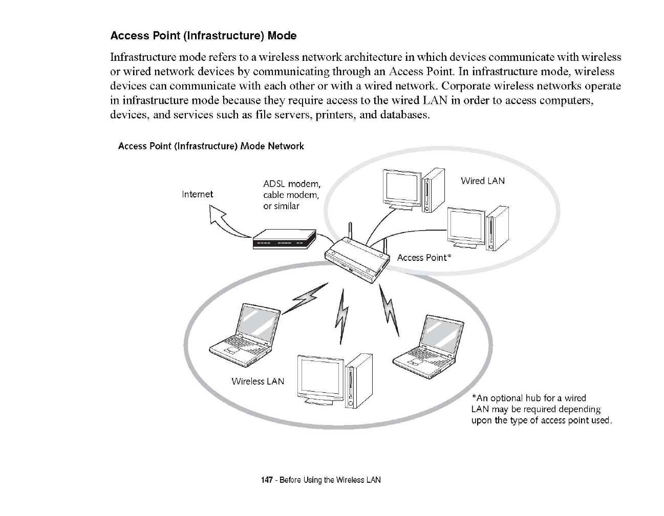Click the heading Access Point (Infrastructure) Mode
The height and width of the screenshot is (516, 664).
pyautogui.click(x=203, y=36)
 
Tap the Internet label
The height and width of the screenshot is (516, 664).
pyautogui.click(x=197, y=194)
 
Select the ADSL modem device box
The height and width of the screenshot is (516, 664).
pyautogui.click(x=284, y=239)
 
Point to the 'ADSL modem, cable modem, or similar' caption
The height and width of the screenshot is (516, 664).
pyautogui.click(x=291, y=195)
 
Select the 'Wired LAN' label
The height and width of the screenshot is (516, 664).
pyautogui.click(x=482, y=181)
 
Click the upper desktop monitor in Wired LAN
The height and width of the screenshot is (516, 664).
pyautogui.click(x=402, y=188)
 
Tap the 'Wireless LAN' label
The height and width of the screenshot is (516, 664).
pyautogui.click(x=258, y=382)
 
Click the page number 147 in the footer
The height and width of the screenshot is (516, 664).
pyautogui.click(x=266, y=480)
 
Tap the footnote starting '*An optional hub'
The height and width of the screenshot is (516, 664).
pyautogui.click(x=541, y=409)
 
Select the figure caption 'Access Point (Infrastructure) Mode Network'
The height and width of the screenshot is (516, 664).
pyautogui.click(x=211, y=146)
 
